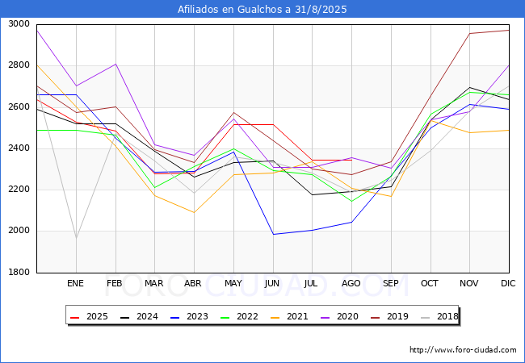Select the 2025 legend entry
(x=89, y=316)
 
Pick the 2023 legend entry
(x=189, y=316)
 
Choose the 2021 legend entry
(x=289, y=316)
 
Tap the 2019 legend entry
(x=389, y=316)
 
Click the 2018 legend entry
(x=439, y=316)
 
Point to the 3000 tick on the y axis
(x=19, y=24)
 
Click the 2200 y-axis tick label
(x=19, y=190)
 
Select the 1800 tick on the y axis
(x=19, y=273)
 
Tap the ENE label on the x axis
(x=75, y=283)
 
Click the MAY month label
(x=233, y=283)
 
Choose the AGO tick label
(x=351, y=283)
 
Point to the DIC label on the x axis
(x=508, y=283)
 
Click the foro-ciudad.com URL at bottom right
(x=463, y=350)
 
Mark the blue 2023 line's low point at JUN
(x=273, y=234)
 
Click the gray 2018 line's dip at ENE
(x=77, y=238)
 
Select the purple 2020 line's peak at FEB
(x=115, y=64)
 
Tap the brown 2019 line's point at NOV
(x=470, y=33)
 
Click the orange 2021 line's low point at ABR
(x=194, y=213)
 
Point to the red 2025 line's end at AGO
(x=351, y=160)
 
